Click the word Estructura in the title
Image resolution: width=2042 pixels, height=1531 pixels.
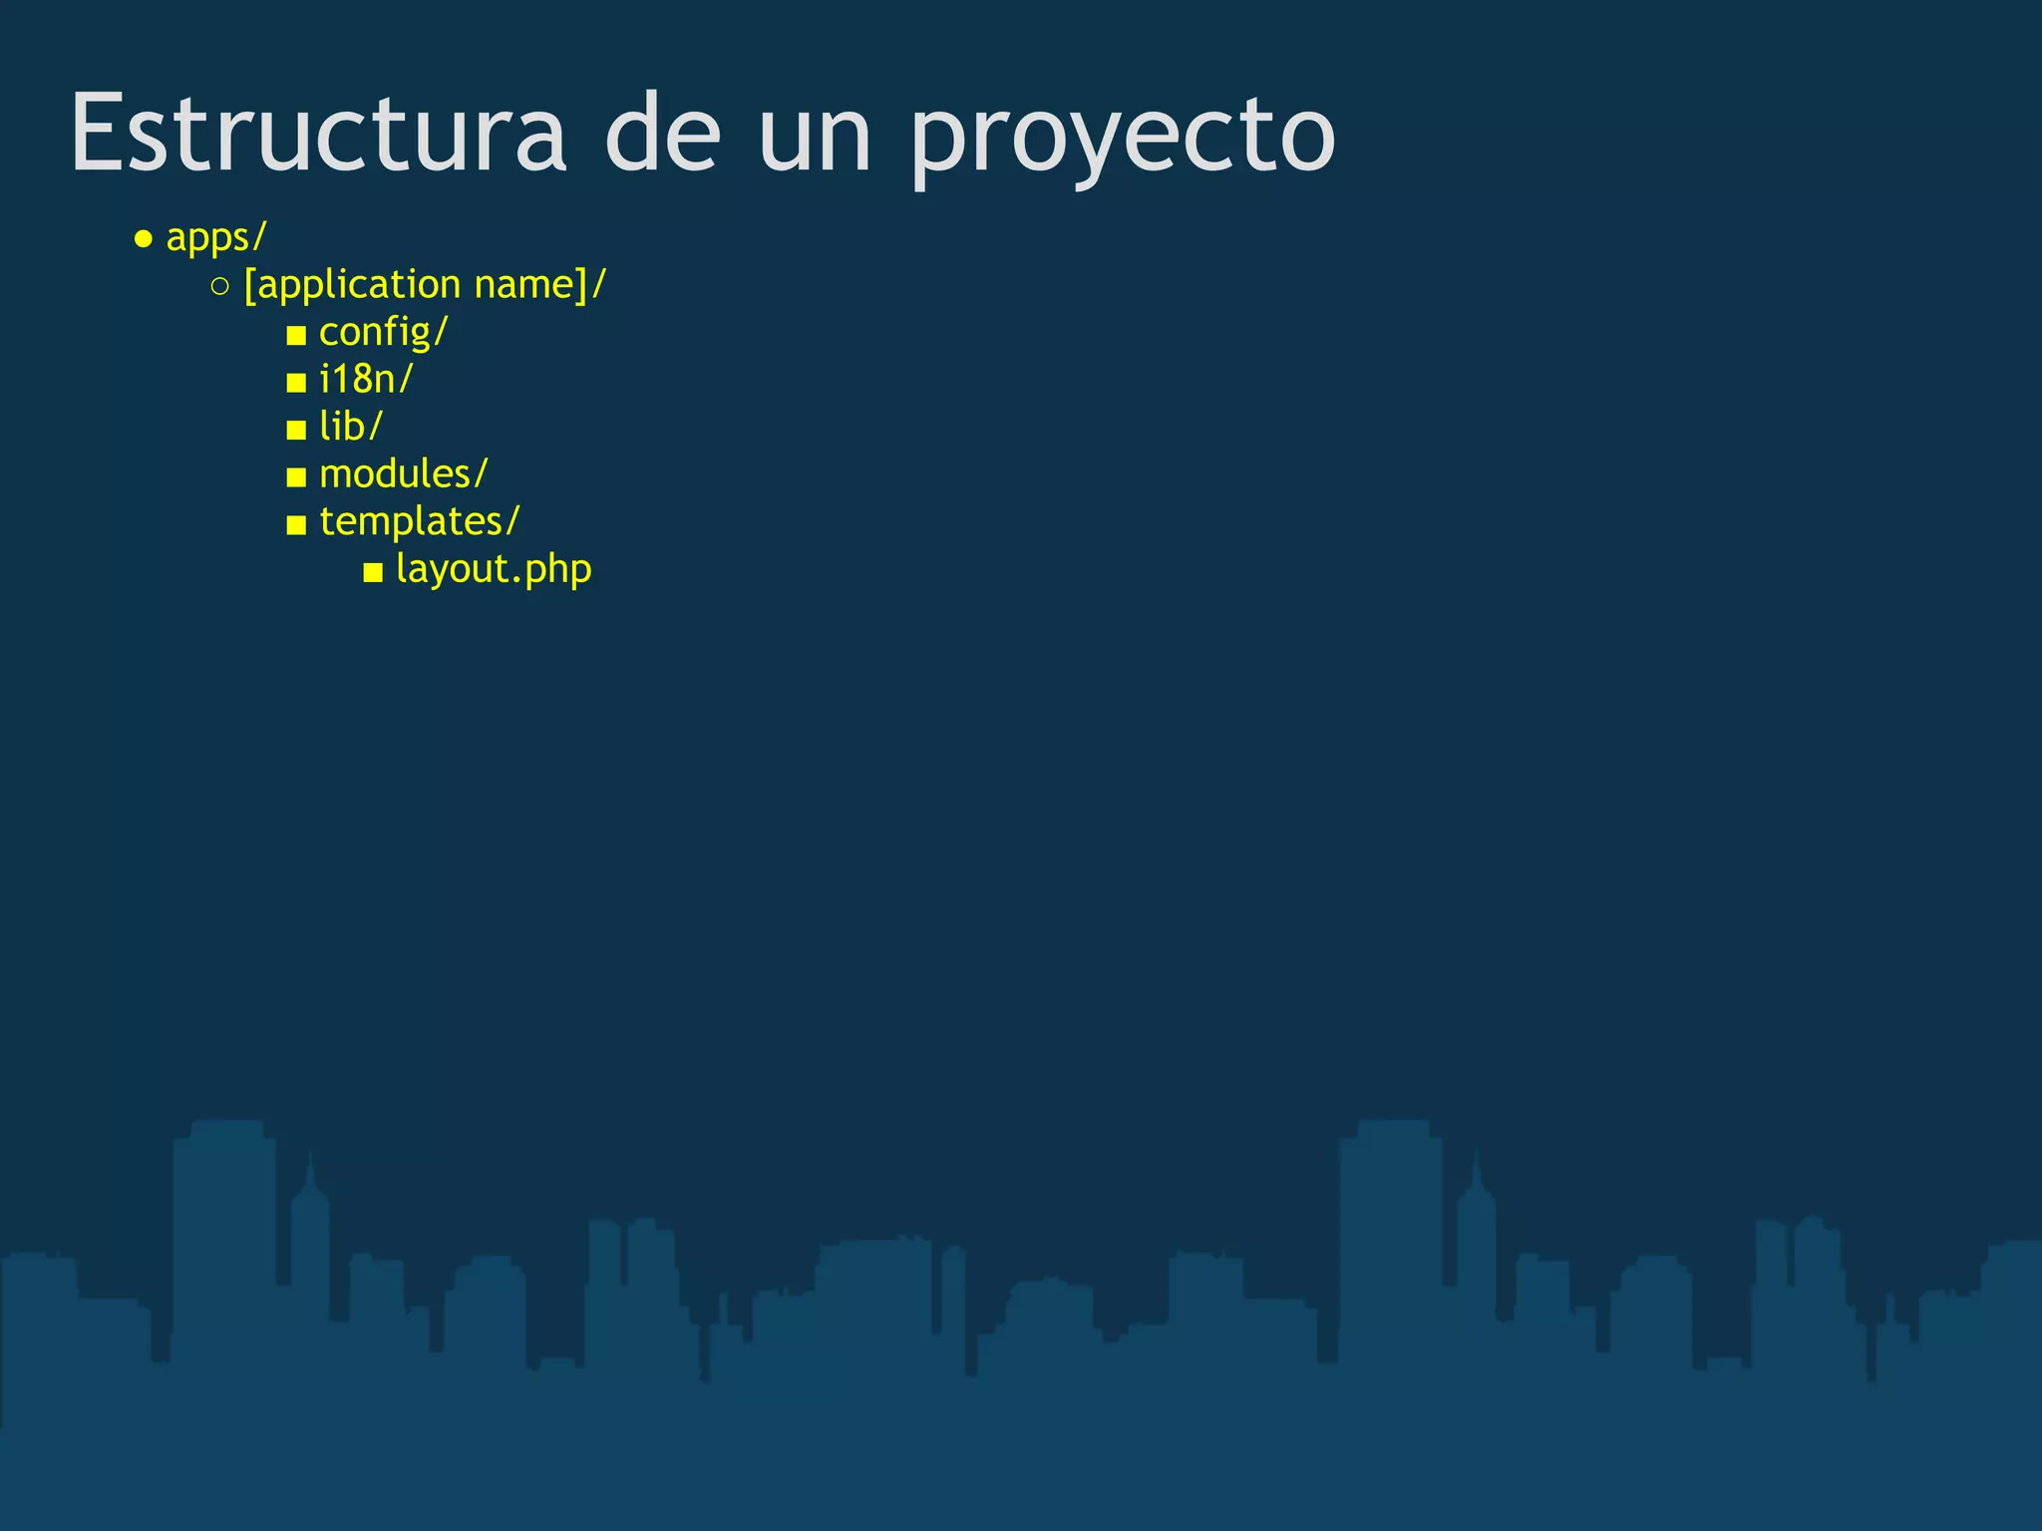[x=317, y=134]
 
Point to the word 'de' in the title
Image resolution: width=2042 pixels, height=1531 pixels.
[x=662, y=134]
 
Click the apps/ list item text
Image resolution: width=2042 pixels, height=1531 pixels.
[x=216, y=238]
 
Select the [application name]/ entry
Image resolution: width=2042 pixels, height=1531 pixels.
[x=425, y=285]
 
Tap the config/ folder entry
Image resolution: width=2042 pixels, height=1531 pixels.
[x=383, y=332]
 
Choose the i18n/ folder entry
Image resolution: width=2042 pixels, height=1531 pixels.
[x=365, y=380]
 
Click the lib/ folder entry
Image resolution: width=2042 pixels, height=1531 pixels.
[x=350, y=427]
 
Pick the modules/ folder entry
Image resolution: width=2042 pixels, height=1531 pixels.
[x=403, y=474]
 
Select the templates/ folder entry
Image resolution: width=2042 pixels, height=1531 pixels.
[x=419, y=521]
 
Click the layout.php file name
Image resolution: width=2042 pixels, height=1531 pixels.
[x=494, y=569]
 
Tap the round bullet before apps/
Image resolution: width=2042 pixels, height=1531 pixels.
[x=144, y=239]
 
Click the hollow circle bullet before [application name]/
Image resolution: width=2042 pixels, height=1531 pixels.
[x=220, y=287]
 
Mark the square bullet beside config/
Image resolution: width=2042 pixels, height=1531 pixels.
[x=296, y=335]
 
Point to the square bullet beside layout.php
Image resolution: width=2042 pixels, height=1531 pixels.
[x=373, y=572]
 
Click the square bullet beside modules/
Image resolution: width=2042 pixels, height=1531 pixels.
[x=296, y=477]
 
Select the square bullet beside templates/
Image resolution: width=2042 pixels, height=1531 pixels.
[x=296, y=525]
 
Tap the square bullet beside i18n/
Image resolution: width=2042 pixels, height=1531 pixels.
[x=296, y=383]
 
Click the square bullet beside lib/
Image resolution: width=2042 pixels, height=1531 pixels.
[x=296, y=430]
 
